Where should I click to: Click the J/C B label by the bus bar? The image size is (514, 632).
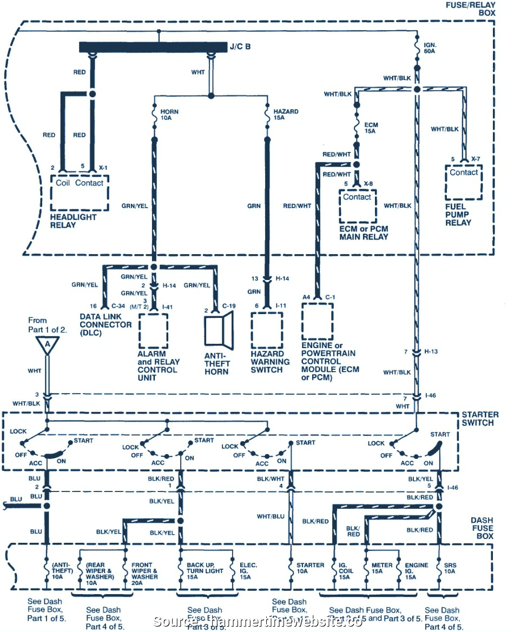[x=240, y=46]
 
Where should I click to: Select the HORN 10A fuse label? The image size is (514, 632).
[x=169, y=115]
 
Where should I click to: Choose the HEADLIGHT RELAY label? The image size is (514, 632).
[x=73, y=221]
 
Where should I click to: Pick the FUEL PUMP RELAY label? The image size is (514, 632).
[x=458, y=214]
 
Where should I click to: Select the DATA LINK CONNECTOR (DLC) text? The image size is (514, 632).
[x=106, y=324]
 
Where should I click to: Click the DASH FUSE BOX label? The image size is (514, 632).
[x=482, y=528]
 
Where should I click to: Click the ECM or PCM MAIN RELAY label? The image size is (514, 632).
[x=363, y=232]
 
